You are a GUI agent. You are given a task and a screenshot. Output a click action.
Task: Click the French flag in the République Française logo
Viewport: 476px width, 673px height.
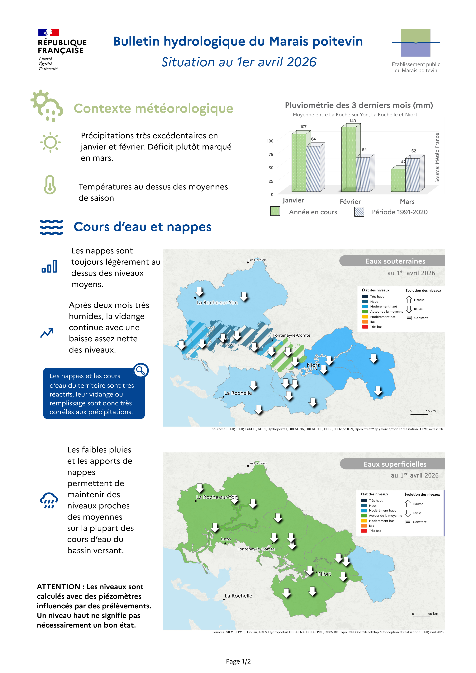tap(48, 32)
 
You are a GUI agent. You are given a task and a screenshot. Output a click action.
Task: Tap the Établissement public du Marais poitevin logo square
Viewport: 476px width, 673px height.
tap(415, 43)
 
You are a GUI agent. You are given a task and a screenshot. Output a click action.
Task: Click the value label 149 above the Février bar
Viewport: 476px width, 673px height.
tap(353, 121)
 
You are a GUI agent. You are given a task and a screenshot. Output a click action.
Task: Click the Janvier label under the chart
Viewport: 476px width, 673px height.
tap(293, 200)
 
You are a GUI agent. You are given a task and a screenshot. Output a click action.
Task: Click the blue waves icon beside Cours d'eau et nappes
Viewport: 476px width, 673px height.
tap(51, 227)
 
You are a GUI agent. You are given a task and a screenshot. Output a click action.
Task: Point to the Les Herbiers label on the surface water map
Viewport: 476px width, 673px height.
tap(258, 463)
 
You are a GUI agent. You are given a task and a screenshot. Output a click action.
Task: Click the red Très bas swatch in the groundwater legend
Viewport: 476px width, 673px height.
tap(365, 327)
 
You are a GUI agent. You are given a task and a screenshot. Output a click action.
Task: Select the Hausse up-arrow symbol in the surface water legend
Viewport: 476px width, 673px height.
tap(408, 504)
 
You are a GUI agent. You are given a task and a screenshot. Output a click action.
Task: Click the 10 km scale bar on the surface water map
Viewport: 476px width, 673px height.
tap(421, 617)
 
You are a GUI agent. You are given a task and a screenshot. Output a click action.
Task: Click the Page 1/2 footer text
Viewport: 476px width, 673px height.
tap(238, 661)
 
